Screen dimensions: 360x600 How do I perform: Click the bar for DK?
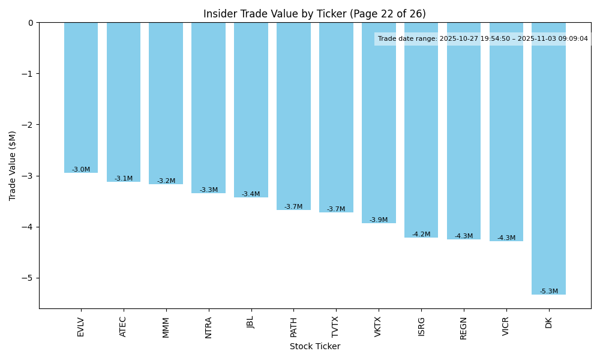click(548, 158)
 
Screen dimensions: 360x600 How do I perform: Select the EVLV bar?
click(81, 98)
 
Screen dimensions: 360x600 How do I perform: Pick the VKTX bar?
click(379, 123)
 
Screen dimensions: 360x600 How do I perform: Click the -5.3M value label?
click(548, 292)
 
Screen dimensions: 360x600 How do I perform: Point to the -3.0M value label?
click(81, 170)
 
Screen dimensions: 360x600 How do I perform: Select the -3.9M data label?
click(379, 220)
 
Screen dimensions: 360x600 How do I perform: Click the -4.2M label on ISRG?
click(421, 235)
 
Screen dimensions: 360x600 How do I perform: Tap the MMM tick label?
click(166, 327)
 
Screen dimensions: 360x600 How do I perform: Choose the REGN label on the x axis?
click(464, 328)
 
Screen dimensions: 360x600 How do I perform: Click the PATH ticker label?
click(293, 328)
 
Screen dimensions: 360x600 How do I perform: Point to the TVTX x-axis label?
click(336, 328)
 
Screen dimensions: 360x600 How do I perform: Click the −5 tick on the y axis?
click(29, 278)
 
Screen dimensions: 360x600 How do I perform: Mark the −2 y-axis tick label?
click(29, 125)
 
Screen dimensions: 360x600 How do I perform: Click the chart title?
click(314, 14)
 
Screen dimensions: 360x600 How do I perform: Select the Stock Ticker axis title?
click(314, 346)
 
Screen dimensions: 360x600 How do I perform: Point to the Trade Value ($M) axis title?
click(13, 165)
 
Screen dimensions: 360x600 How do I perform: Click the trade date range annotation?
click(482, 39)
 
